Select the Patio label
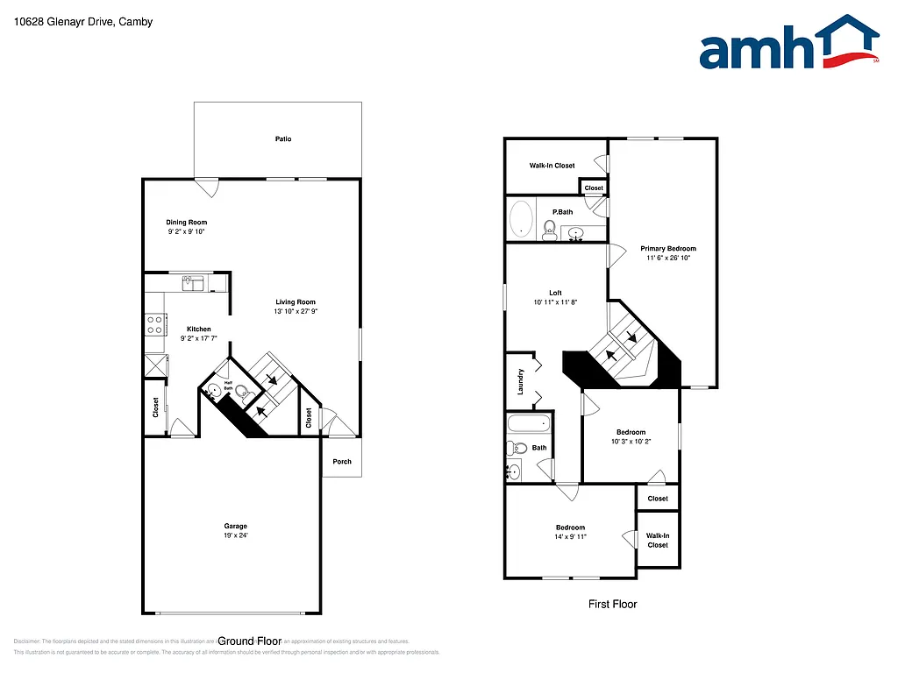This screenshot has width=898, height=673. point(282,139)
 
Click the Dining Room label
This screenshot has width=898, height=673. point(187,223)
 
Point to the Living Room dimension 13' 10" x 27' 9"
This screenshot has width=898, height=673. point(295,311)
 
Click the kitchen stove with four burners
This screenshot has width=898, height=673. point(155,325)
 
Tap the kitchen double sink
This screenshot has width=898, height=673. point(193,283)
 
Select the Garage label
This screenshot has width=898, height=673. point(235,527)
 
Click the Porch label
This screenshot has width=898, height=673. point(341,462)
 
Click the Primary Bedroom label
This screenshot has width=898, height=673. point(668,249)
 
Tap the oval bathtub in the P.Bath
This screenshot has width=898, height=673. point(522,219)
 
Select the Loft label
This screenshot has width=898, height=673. point(555,293)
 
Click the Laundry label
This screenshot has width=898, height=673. point(520,381)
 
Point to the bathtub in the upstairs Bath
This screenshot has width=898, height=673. point(529,424)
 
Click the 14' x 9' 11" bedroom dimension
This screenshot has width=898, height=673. point(570,536)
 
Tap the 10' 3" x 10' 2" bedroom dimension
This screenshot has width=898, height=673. point(631,442)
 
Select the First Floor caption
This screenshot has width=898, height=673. point(612,604)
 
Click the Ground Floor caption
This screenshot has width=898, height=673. point(249,641)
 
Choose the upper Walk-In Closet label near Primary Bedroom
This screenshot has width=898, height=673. point(552,166)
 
